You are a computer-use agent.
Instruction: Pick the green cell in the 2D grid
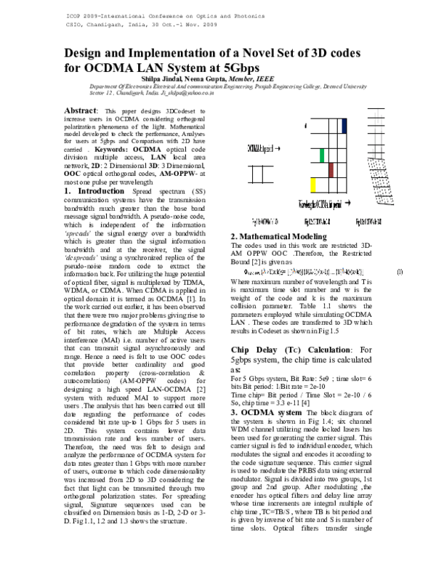pos(320,155)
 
